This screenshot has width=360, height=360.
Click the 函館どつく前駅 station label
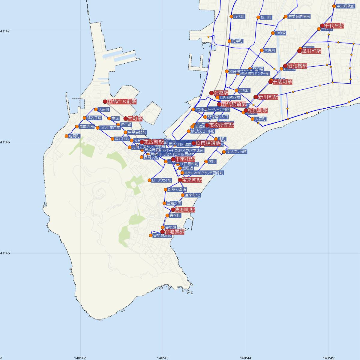(x=121, y=102)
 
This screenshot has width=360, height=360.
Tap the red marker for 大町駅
(x=126, y=118)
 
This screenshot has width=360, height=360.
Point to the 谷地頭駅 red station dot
(x=163, y=232)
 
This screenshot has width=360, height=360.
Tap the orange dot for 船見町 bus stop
(x=67, y=136)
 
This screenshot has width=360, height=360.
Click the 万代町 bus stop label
(x=239, y=17)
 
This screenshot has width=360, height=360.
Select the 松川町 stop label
(x=266, y=17)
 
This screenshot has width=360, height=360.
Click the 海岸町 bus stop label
(x=237, y=41)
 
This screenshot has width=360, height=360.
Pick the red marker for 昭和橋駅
(x=285, y=66)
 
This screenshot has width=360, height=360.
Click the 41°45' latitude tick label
(x=5, y=253)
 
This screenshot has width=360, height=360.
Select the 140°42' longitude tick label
(x=80, y=358)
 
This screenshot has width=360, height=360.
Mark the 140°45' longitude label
(x=329, y=358)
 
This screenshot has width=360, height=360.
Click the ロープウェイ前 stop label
(x=162, y=180)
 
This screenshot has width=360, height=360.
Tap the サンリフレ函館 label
(x=236, y=152)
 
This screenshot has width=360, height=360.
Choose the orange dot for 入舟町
(x=96, y=109)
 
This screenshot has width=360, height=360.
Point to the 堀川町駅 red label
(x=311, y=51)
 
